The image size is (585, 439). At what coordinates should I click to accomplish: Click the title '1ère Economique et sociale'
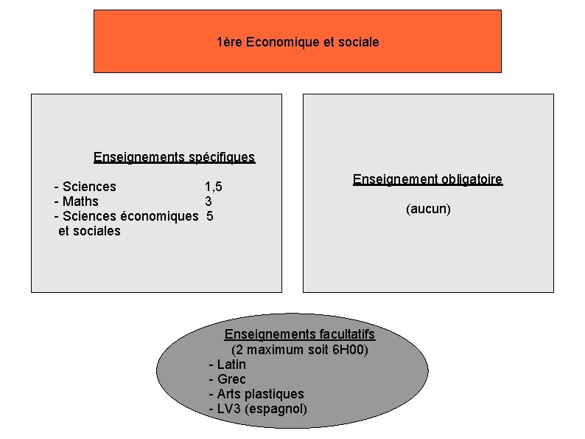[298, 42]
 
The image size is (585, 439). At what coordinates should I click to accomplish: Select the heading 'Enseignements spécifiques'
[174, 156]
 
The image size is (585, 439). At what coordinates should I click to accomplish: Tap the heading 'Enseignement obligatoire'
[427, 179]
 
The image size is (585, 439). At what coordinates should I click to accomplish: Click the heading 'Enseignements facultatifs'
[299, 334]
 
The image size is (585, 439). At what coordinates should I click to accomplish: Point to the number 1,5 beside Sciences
[213, 187]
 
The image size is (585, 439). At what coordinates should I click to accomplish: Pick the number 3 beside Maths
[209, 201]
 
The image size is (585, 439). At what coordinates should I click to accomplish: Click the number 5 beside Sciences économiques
[210, 216]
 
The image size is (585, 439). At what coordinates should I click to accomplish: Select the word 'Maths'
[80, 201]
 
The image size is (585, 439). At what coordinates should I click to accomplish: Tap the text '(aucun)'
[428, 209]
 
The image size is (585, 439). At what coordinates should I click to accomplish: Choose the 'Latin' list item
[231, 364]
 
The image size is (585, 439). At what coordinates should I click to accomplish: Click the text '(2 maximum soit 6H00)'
[299, 349]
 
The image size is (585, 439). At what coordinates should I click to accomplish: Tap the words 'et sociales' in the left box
[89, 231]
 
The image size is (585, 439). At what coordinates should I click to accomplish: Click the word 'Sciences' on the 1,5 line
[89, 187]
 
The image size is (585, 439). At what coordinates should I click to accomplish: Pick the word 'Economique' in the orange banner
[282, 42]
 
